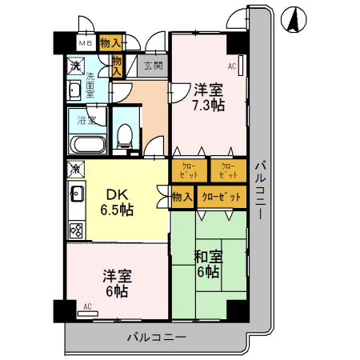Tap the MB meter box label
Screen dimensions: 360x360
click(x=85, y=43)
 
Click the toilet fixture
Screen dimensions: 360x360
click(x=124, y=138)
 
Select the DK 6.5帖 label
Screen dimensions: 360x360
click(x=116, y=202)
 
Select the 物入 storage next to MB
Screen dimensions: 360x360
click(x=112, y=43)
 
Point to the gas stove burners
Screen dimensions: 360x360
click(x=76, y=230)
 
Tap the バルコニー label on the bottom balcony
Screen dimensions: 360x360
click(x=156, y=337)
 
